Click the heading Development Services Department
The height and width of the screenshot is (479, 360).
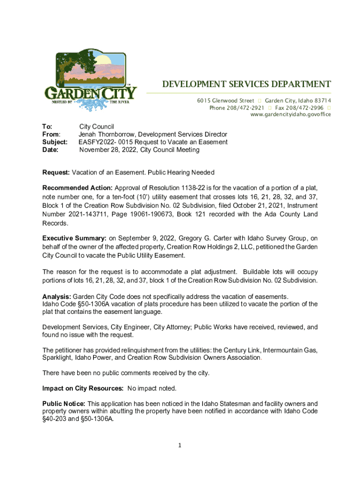tap(246, 85)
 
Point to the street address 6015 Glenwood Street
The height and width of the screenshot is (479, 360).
tap(225, 101)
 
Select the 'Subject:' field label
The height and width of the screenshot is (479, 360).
tap(55, 142)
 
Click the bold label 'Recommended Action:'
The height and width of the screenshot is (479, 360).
tap(77, 188)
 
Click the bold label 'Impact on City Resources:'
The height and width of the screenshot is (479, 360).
tap(83, 388)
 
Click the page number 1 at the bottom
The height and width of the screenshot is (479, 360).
tap(180, 445)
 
